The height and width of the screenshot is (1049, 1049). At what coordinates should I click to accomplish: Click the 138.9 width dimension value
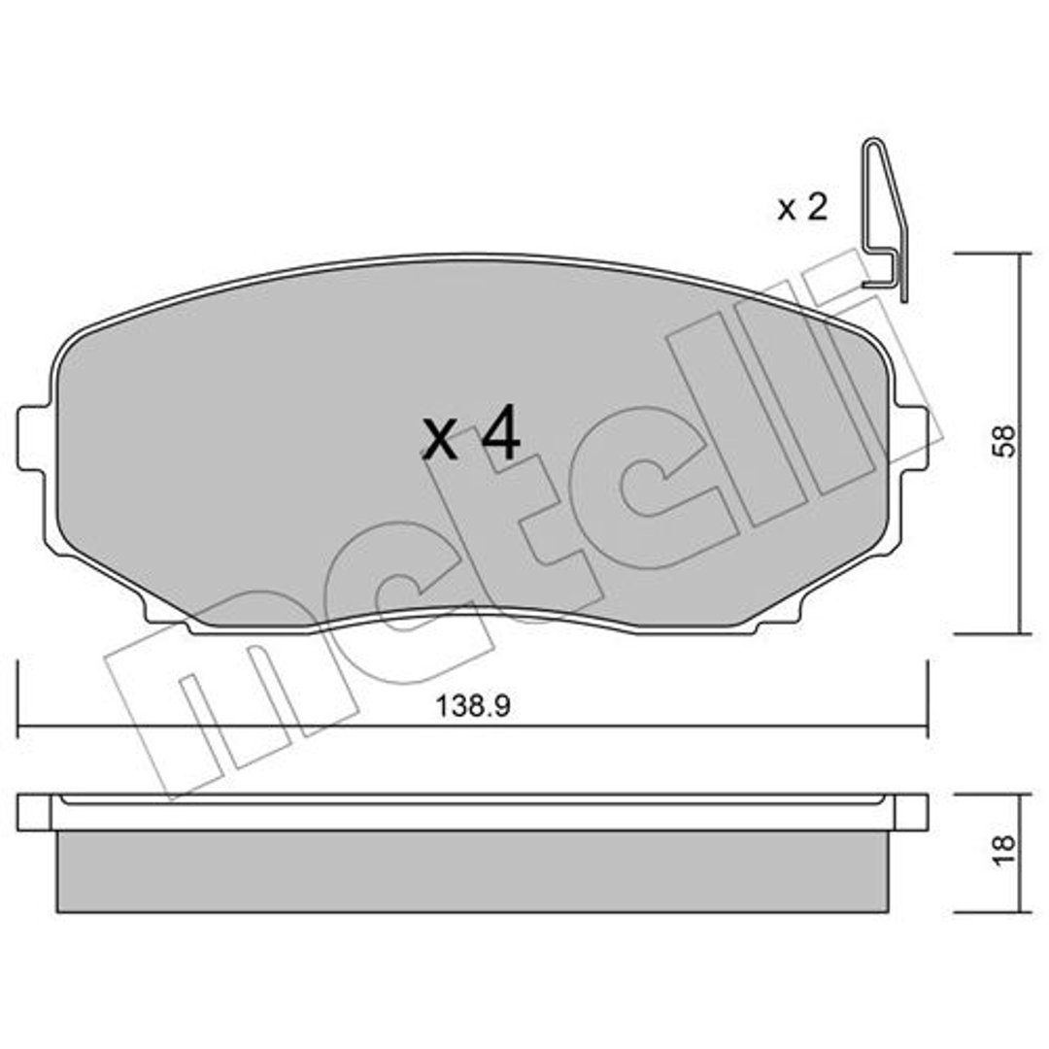[x=472, y=706]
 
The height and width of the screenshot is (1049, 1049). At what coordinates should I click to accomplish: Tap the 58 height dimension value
[x=1003, y=441]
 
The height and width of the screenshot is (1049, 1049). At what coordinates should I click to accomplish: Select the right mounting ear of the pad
[x=911, y=439]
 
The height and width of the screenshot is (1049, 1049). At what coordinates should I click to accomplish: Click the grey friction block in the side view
[x=473, y=871]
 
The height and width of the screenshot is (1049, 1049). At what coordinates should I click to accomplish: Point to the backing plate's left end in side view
[x=34, y=813]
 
